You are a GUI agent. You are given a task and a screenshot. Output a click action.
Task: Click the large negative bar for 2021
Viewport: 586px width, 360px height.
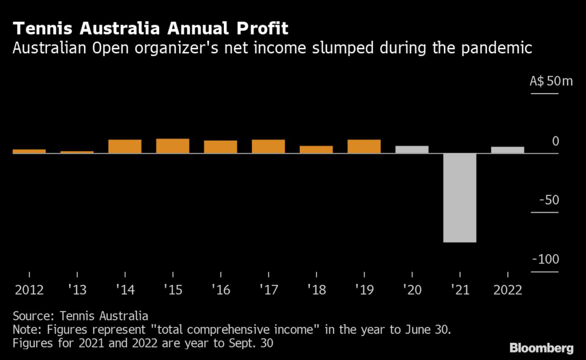(x=460, y=197)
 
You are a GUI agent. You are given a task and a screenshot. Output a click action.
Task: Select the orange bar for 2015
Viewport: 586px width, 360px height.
(x=173, y=146)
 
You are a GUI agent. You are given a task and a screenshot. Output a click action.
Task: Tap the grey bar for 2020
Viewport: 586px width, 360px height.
(x=412, y=149)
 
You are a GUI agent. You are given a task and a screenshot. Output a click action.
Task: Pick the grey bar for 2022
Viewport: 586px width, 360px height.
(x=508, y=150)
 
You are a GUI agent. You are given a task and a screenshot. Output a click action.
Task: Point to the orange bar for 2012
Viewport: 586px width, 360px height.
(x=29, y=151)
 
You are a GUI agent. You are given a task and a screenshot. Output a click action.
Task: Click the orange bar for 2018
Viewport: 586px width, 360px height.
(x=316, y=149)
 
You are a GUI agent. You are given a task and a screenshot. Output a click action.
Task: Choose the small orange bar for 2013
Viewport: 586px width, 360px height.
(x=77, y=152)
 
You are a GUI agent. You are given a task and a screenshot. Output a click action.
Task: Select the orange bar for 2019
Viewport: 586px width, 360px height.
(x=364, y=147)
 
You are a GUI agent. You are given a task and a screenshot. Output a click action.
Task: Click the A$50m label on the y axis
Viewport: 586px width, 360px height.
(x=551, y=81)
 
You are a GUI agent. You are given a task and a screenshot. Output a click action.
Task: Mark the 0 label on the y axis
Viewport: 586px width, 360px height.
(x=555, y=141)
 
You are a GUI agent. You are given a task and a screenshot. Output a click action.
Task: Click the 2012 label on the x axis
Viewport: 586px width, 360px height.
(x=29, y=290)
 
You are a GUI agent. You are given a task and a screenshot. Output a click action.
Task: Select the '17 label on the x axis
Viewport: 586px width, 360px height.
(x=268, y=290)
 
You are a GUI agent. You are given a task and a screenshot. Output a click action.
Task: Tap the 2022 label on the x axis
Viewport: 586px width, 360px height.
(x=507, y=290)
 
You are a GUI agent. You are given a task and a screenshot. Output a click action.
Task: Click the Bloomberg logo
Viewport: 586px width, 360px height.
(x=541, y=347)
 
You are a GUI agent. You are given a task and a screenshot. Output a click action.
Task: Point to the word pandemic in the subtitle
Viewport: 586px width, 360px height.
(x=498, y=48)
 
